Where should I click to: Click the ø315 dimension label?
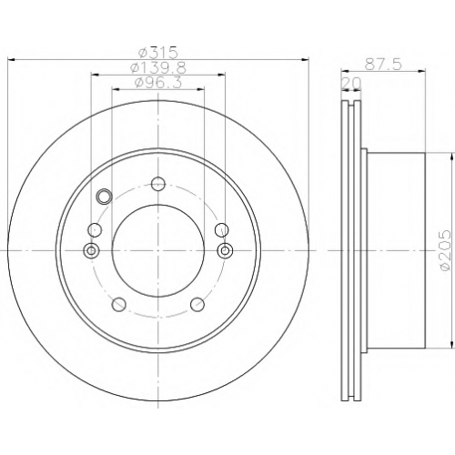(x=157, y=53)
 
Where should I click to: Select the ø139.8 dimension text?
(x=157, y=67)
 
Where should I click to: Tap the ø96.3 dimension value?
(x=157, y=82)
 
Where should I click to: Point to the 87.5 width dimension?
(x=383, y=65)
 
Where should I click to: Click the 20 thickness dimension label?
(x=351, y=83)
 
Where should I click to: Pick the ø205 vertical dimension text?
(x=445, y=250)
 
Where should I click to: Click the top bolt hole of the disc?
(x=158, y=184)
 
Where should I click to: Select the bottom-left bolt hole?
(x=118, y=304)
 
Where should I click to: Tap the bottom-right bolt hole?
(x=197, y=304)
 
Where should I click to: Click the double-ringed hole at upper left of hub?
(x=104, y=196)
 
